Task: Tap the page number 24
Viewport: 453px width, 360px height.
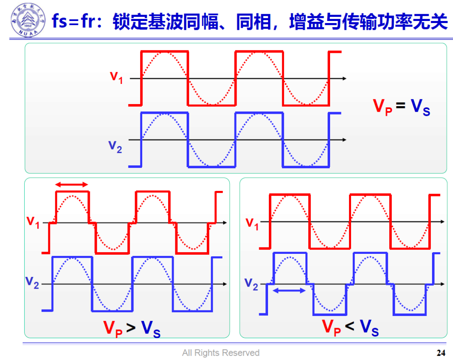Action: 441,352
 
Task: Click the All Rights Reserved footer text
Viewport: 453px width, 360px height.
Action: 221,353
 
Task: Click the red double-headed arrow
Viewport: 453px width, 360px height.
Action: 72,185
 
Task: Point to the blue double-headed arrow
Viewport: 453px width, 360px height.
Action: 289,290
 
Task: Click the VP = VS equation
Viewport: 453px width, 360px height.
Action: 401,107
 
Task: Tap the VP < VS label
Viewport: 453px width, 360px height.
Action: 350,327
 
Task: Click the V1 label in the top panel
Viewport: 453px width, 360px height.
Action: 116,77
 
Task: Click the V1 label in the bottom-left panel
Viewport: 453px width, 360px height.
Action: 33,222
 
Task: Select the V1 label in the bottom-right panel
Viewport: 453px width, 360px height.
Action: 252,223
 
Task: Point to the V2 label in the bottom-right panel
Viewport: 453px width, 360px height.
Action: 251,284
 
